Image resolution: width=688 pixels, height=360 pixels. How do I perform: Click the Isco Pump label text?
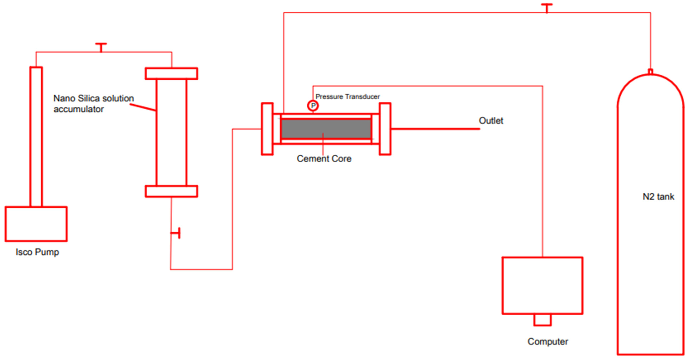(37, 252)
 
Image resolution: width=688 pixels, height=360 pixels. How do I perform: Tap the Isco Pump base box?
(36, 224)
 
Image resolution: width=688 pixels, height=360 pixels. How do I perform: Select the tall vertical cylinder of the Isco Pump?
(36, 136)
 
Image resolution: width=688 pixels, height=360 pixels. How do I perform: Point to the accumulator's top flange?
(171, 74)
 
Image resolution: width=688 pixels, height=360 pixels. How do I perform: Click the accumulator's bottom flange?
(171, 191)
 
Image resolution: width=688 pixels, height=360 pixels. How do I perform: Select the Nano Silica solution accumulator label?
(93, 104)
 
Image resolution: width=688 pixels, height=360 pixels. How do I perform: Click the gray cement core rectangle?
(326, 129)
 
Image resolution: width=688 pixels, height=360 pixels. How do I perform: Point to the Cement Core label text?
(324, 159)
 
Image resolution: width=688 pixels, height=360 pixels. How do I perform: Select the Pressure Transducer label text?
(347, 97)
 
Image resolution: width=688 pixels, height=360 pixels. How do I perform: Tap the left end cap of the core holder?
(267, 129)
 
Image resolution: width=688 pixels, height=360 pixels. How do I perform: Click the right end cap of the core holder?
(385, 129)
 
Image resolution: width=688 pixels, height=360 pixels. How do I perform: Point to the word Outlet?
(491, 121)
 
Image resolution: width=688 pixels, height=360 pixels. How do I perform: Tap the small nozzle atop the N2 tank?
(651, 72)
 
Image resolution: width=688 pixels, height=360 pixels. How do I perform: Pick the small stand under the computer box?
(542, 320)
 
